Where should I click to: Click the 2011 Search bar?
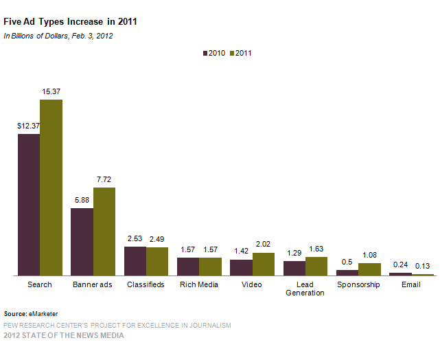click(51, 187)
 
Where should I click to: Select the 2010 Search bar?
click(29, 204)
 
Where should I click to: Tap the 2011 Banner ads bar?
click(104, 231)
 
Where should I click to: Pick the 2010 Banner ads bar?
click(82, 241)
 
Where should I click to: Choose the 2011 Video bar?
click(263, 264)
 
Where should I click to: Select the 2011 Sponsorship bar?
click(369, 269)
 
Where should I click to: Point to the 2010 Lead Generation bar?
click(294, 268)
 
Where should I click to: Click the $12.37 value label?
click(28, 126)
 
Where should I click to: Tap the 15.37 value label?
click(51, 91)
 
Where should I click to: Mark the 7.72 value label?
click(104, 179)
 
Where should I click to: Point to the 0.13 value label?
click(422, 265)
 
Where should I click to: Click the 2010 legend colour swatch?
click(205, 53)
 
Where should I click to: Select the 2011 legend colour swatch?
click(231, 53)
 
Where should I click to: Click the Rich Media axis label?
click(199, 284)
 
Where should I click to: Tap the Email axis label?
click(411, 284)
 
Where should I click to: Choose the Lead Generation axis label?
click(305, 289)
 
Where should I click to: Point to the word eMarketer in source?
click(43, 313)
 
